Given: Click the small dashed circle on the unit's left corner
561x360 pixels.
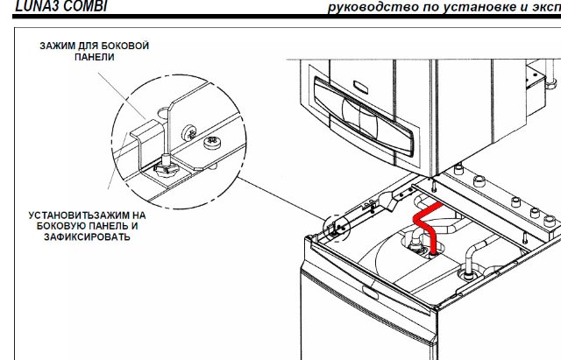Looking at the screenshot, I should click(x=337, y=228).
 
